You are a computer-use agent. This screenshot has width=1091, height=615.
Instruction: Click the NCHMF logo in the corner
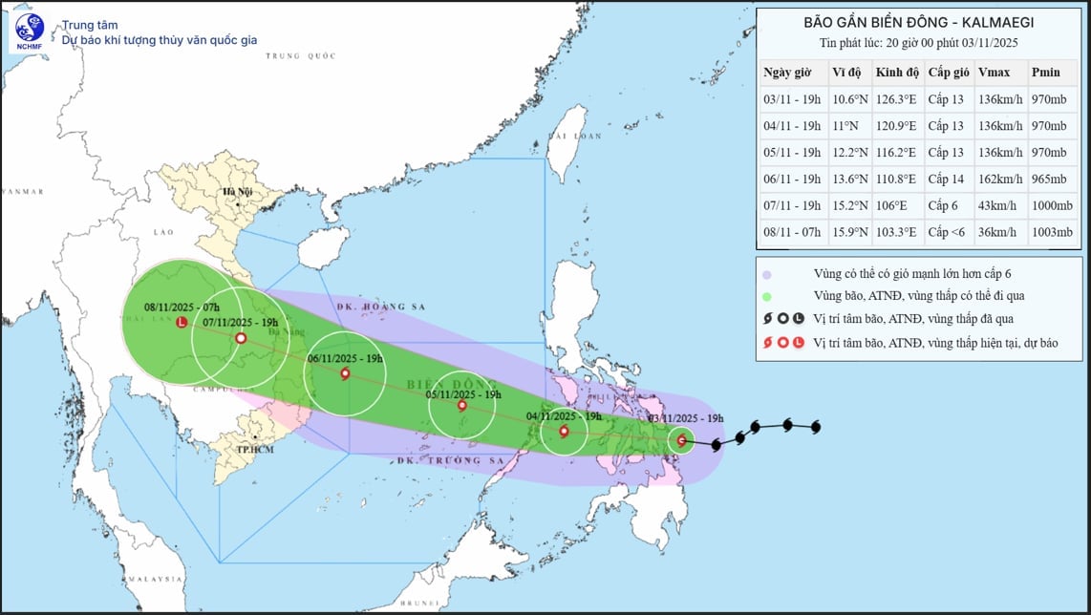point(29,32)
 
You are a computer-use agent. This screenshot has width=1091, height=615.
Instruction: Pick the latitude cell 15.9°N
point(849,232)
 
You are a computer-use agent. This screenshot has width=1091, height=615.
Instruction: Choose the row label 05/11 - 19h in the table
point(791,152)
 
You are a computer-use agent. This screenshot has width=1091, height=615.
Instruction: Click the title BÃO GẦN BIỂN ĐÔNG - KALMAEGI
point(918,22)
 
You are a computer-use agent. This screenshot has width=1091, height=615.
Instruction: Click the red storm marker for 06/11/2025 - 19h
point(345,374)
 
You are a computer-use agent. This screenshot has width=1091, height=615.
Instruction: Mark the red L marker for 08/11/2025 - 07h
point(182,324)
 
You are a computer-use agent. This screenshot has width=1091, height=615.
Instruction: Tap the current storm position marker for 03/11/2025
point(680,440)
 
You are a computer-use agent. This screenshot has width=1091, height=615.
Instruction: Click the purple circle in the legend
point(766,275)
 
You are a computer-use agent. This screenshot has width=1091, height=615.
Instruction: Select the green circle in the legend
point(766,296)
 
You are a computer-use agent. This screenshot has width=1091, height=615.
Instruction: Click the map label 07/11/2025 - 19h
point(240,323)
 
